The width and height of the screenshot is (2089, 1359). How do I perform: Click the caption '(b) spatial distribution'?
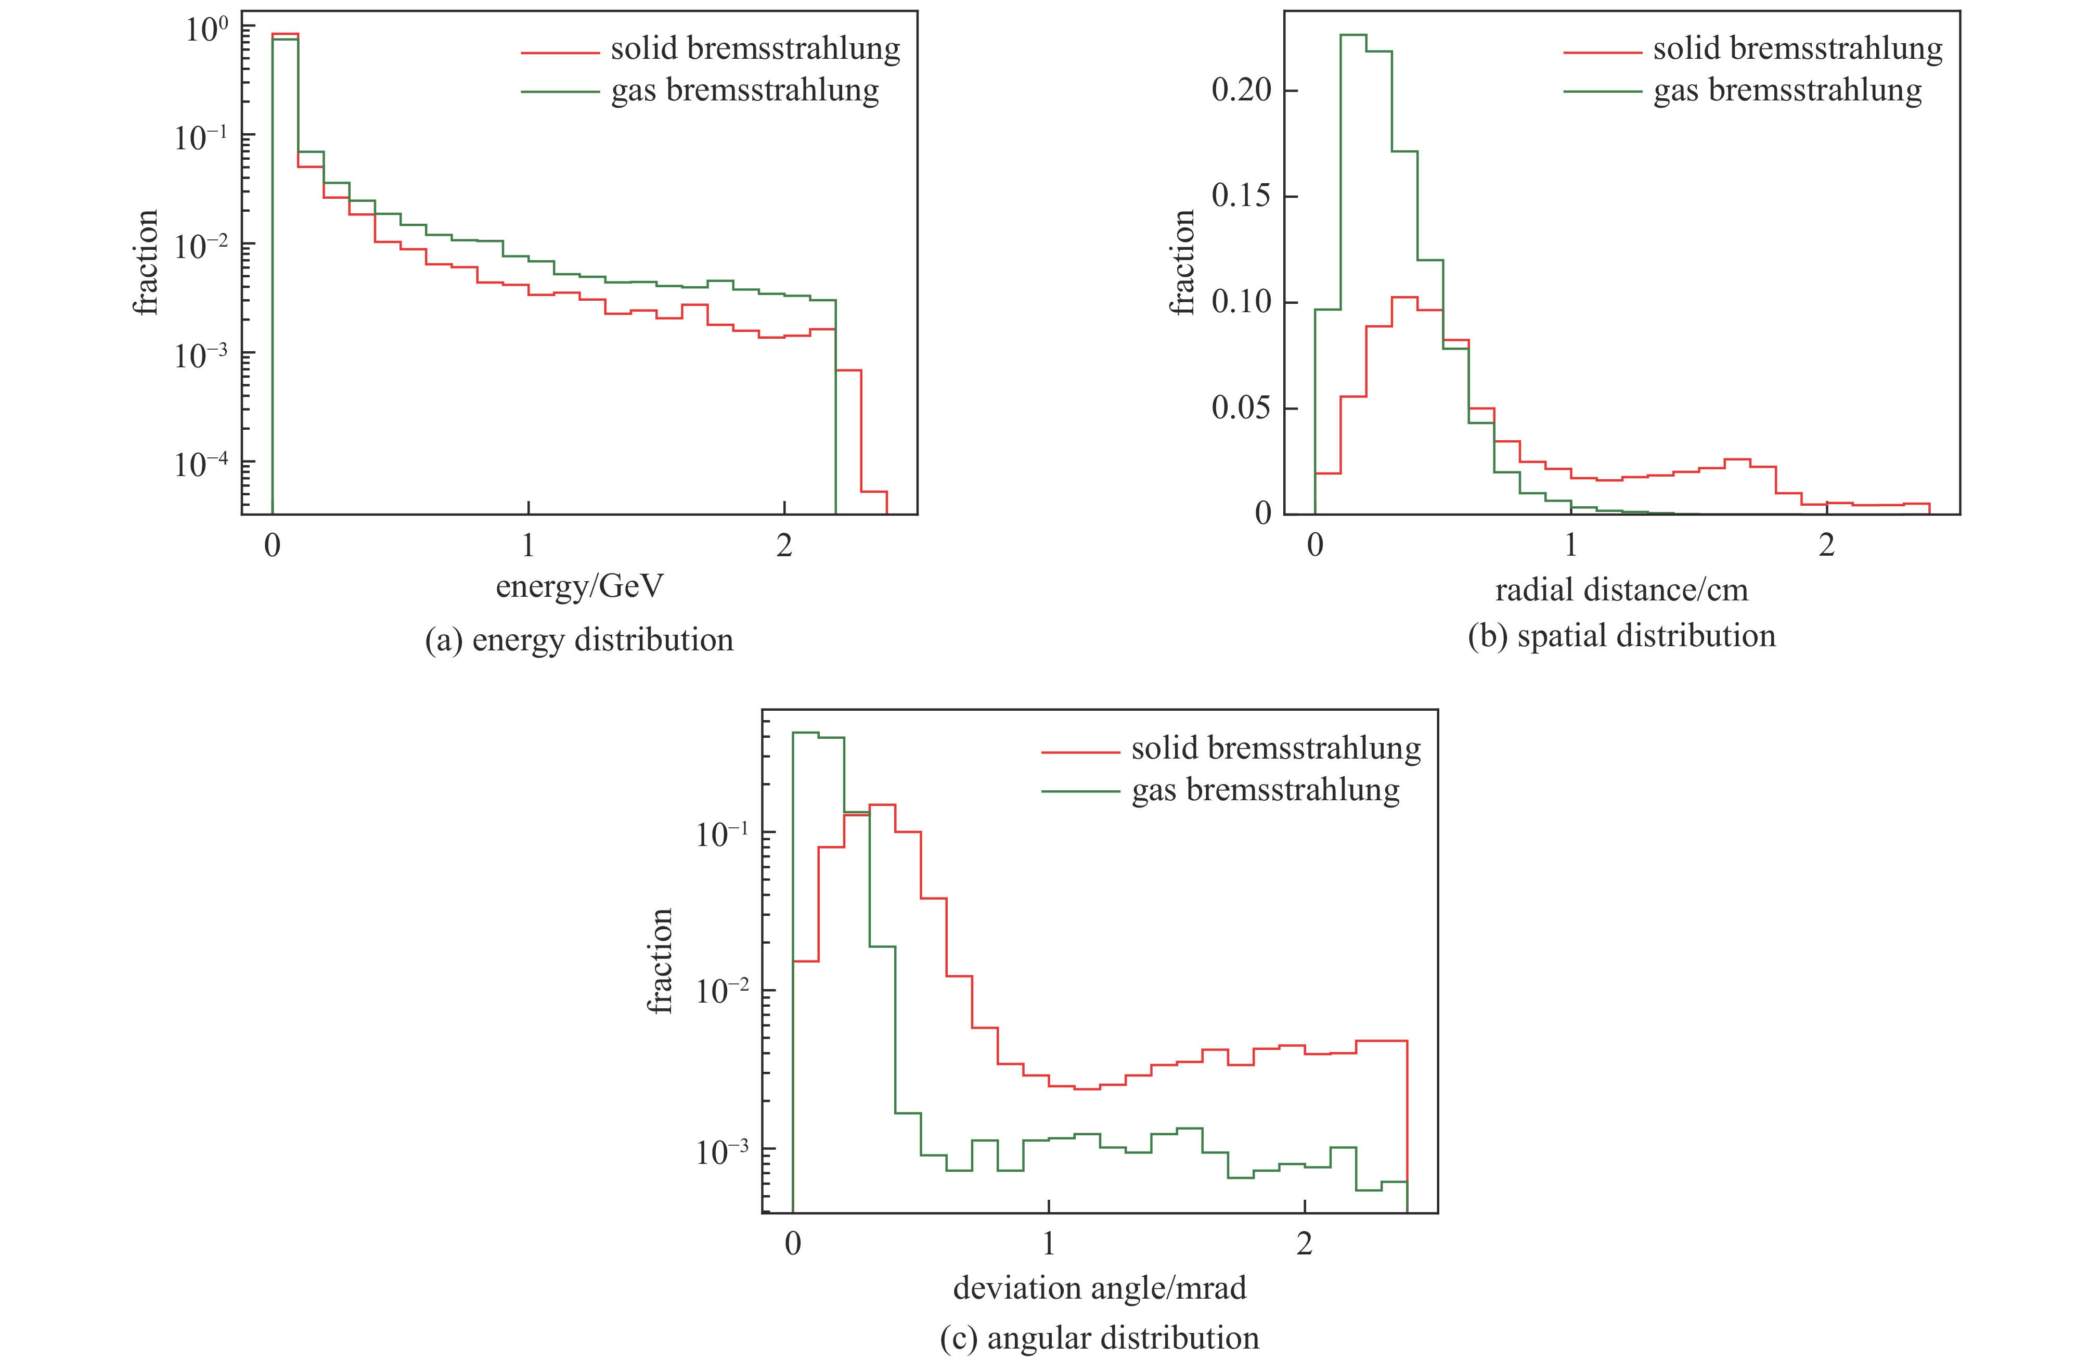(x=1621, y=636)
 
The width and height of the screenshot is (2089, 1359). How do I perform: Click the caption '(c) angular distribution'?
(x=1099, y=1338)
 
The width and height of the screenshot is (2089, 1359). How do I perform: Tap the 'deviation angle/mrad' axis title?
(x=1099, y=1288)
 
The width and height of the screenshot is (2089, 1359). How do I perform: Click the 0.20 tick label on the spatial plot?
(x=1241, y=91)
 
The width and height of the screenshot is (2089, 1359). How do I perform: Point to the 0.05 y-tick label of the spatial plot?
(x=1241, y=408)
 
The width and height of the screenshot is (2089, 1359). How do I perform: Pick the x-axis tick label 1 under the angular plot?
(x=1048, y=1244)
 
